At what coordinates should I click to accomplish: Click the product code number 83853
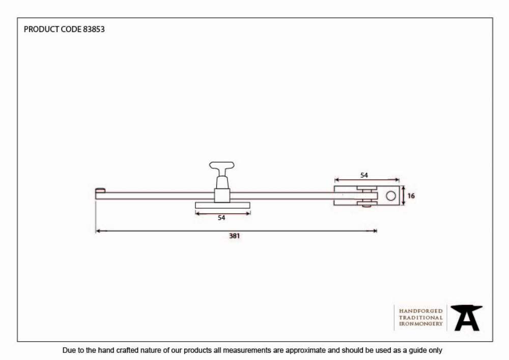point(94,29)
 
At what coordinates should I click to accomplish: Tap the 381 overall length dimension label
point(234,236)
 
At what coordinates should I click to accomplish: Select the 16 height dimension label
point(411,196)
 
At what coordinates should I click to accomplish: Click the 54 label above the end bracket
point(364,175)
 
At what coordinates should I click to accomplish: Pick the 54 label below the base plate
point(221,217)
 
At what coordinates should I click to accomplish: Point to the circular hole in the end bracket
point(391,196)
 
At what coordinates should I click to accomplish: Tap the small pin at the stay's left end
point(100,190)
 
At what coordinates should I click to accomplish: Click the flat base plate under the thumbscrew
point(223,205)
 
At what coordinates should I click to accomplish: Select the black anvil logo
point(466,318)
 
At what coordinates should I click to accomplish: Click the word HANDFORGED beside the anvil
point(421,311)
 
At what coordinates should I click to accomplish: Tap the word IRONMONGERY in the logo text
point(421,324)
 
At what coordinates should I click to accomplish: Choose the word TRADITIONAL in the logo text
point(421,317)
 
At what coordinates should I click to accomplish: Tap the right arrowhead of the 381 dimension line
point(375,231)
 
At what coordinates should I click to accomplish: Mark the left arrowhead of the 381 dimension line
point(98,231)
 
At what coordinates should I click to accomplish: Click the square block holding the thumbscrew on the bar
point(222,196)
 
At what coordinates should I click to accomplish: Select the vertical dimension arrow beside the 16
point(403,196)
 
